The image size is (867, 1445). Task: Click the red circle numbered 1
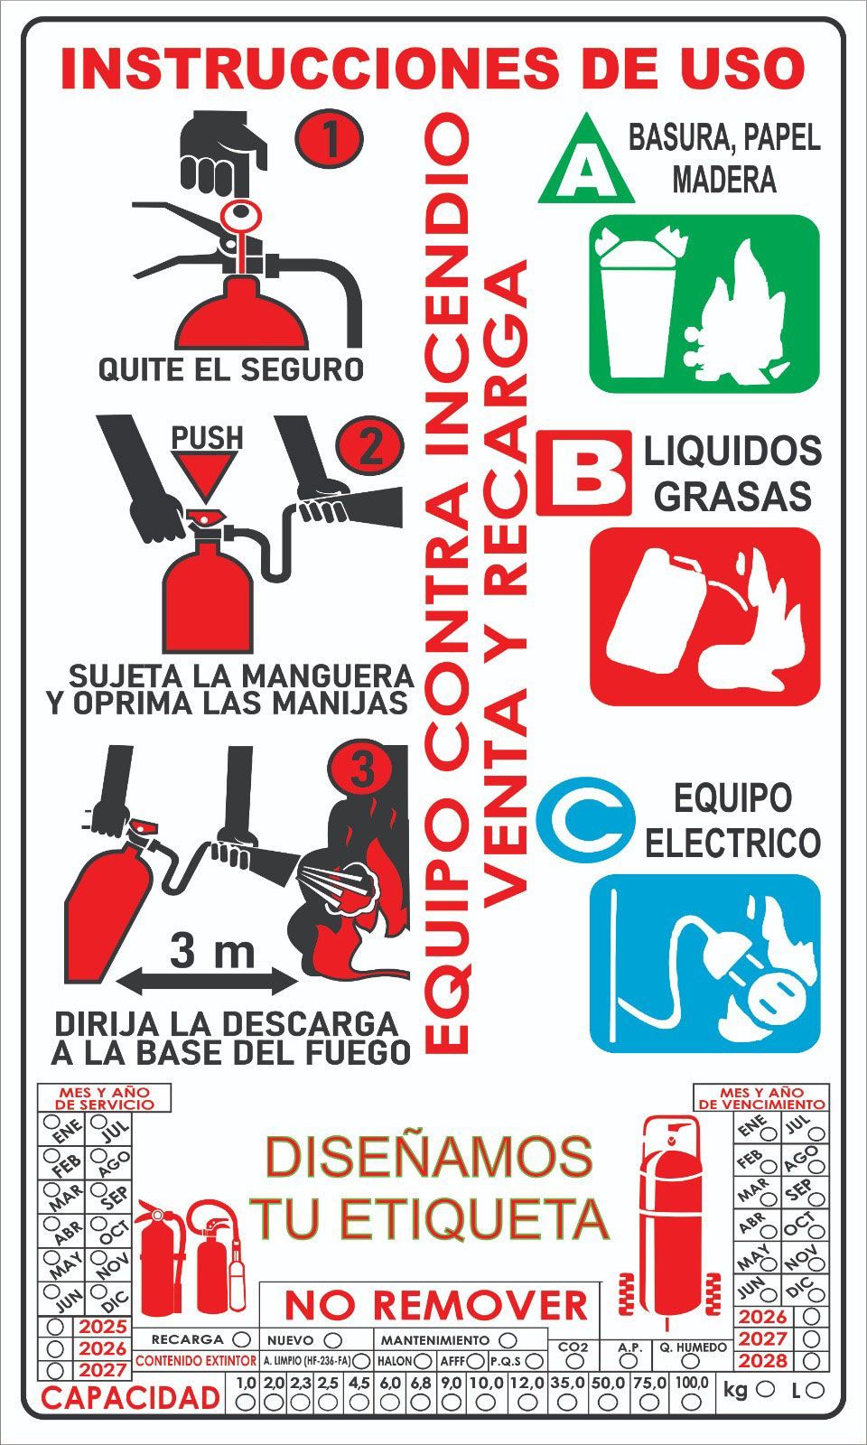pyautogui.click(x=330, y=139)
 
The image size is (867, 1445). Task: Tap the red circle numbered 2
pyautogui.click(x=370, y=446)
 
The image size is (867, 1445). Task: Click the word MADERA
pyautogui.click(x=723, y=179)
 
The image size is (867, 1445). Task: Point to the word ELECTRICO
pyautogui.click(x=732, y=843)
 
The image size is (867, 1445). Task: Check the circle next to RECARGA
pyautogui.click(x=241, y=1339)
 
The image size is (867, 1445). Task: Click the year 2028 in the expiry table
pyautogui.click(x=763, y=1361)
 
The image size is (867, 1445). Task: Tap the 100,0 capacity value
pyautogui.click(x=691, y=1383)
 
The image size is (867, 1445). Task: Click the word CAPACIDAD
pyautogui.click(x=130, y=1397)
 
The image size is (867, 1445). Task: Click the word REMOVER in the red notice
pyautogui.click(x=480, y=1306)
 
